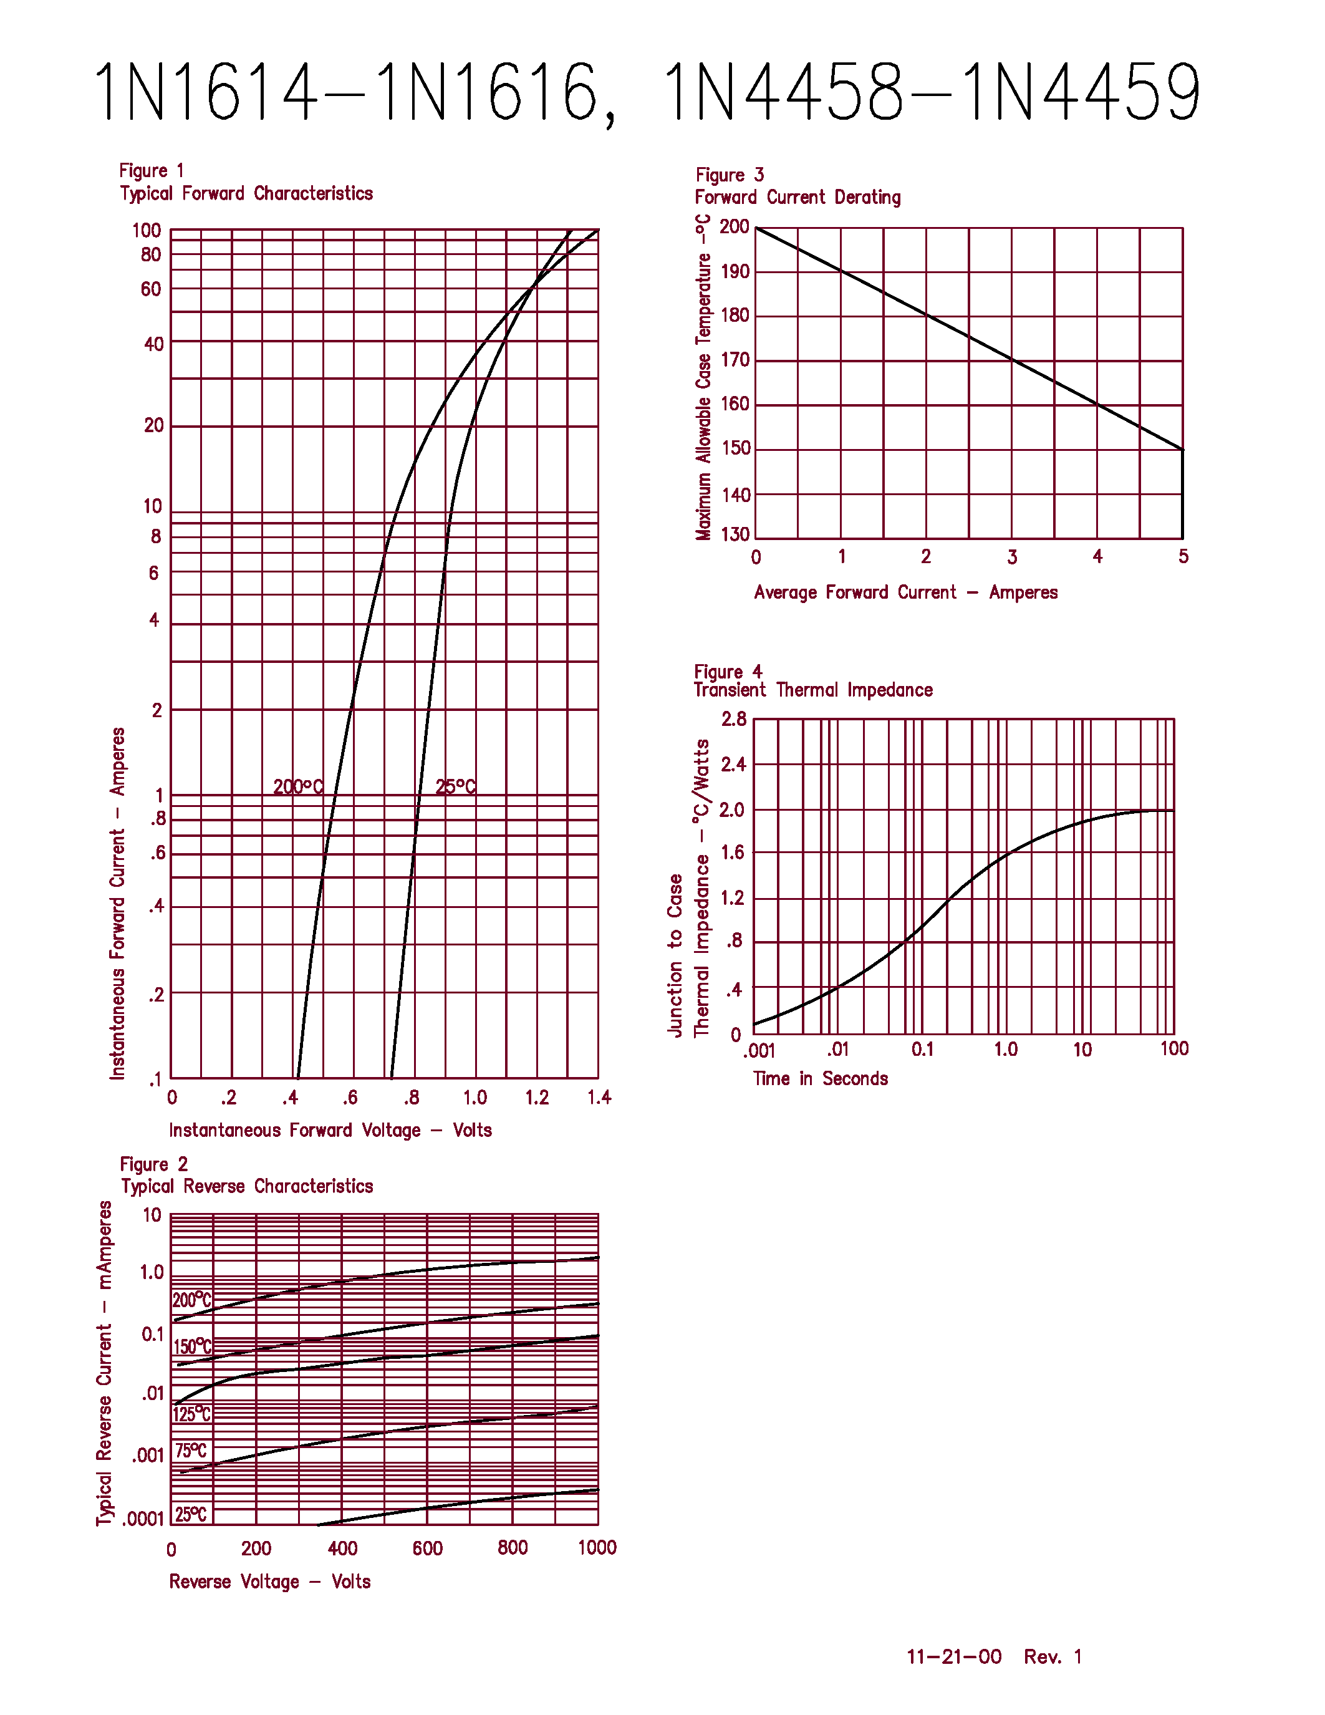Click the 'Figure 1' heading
pyautogui.click(x=152, y=170)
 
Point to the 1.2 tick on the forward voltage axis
pyautogui.click(x=537, y=1097)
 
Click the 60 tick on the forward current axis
pyautogui.click(x=151, y=289)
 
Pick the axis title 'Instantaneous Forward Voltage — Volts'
pyautogui.click(x=330, y=1130)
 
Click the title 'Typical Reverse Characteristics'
pyautogui.click(x=246, y=1186)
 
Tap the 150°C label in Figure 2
pyautogui.click(x=192, y=1346)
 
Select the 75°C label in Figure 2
pyautogui.click(x=191, y=1451)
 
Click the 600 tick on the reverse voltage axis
pyautogui.click(x=427, y=1548)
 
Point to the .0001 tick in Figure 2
pyautogui.click(x=143, y=1519)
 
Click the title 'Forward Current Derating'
pyautogui.click(x=797, y=197)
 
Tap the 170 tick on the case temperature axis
pyautogui.click(x=735, y=360)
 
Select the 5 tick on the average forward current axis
pyautogui.click(x=1183, y=557)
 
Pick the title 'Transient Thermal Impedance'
pyautogui.click(x=813, y=690)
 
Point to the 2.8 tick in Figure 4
pyautogui.click(x=734, y=719)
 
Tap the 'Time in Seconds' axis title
pyautogui.click(x=821, y=1078)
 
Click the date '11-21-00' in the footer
pyautogui.click(x=954, y=1656)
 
